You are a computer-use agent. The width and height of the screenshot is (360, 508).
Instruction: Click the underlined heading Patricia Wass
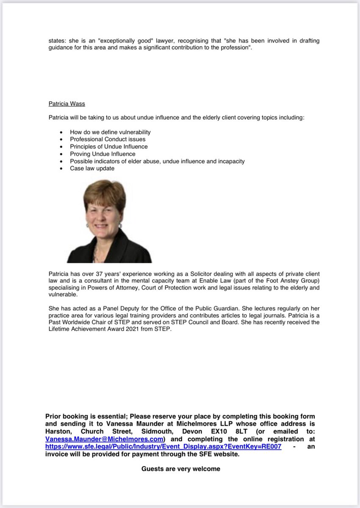pyautogui.click(x=67, y=104)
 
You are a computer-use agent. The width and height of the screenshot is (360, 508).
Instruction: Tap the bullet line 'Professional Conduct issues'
pyautogui.click(x=108, y=139)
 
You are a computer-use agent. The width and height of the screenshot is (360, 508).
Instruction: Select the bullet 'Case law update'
pyautogui.click(x=92, y=168)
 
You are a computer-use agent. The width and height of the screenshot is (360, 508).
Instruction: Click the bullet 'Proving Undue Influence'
pyautogui.click(x=102, y=154)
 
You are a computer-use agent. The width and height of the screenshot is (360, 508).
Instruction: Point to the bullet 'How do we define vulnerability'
pyautogui.click(x=110, y=132)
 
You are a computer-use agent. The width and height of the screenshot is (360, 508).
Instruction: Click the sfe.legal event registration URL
pyautogui.click(x=163, y=447)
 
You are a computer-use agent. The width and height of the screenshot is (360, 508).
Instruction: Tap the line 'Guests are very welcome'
pyautogui.click(x=181, y=469)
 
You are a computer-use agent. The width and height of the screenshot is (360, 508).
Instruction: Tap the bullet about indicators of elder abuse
pyautogui.click(x=157, y=161)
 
